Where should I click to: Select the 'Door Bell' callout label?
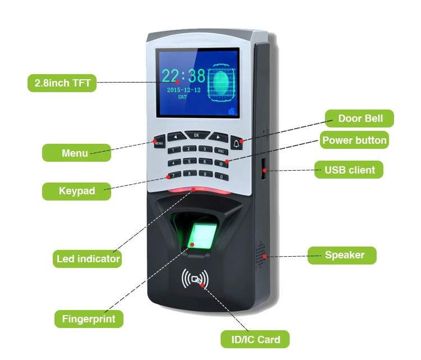point(360,119)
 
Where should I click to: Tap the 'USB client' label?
point(349,170)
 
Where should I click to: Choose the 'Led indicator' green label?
point(88,259)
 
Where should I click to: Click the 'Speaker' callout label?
point(344,255)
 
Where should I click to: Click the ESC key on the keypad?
point(221,151)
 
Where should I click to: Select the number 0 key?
point(222,177)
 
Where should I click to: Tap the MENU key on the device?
point(158,141)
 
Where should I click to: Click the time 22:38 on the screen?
point(184,76)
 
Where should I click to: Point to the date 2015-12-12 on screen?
point(183,90)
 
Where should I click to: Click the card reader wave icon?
point(195,279)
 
